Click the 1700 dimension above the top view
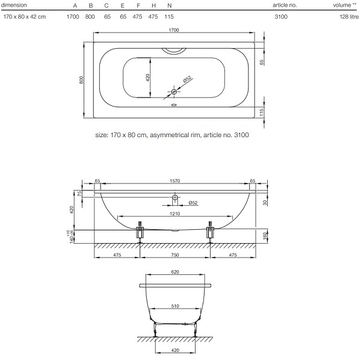(174, 30)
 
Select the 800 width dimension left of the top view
(81, 80)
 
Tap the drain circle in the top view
(174, 92)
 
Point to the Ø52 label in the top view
(187, 79)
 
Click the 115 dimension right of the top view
(261, 113)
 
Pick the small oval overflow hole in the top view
(174, 105)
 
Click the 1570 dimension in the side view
(174, 181)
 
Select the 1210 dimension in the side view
(174, 214)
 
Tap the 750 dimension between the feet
(174, 255)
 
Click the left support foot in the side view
(140, 232)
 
